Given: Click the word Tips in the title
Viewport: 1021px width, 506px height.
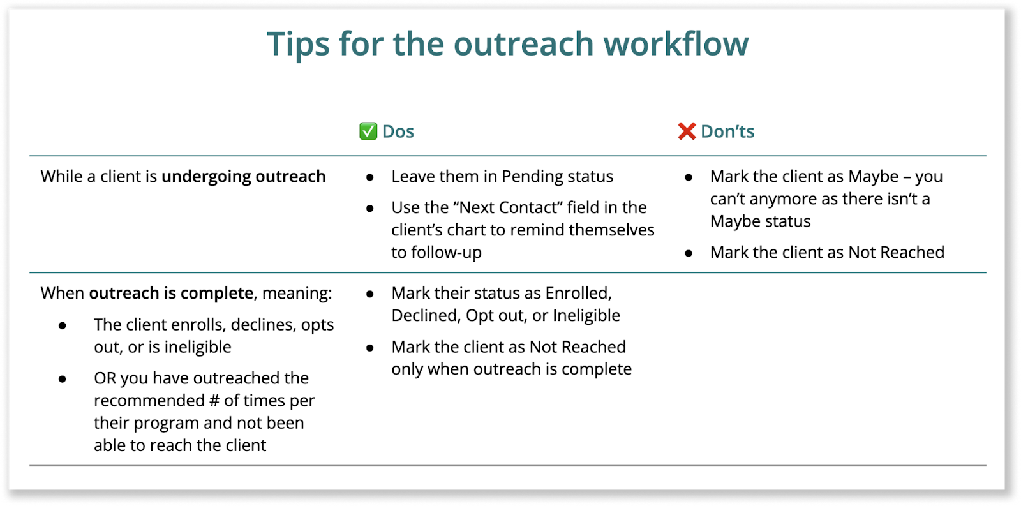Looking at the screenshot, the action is [297, 44].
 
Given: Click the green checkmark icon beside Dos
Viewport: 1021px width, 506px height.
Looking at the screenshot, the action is [368, 131].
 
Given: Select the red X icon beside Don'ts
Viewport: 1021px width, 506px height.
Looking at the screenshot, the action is [687, 131].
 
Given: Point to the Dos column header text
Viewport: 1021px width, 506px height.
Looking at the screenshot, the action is [398, 131].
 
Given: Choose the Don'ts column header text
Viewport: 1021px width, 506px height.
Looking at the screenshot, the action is [727, 131].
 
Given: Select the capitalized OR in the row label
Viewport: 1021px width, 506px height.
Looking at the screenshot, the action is [105, 378].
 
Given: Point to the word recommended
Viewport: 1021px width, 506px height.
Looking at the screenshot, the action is [149, 401].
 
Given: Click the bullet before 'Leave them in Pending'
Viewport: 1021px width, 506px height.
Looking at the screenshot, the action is [370, 177].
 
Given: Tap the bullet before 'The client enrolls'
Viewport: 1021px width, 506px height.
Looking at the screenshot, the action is [63, 325].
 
